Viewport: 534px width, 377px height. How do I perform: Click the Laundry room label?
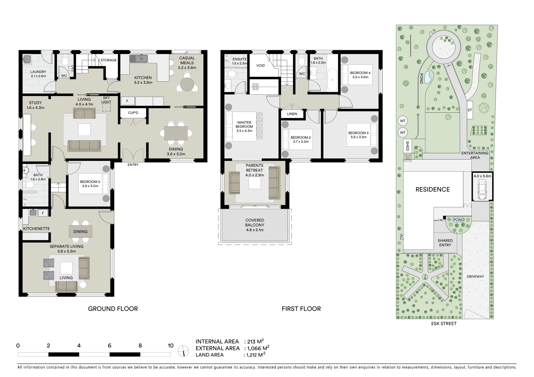(x=38, y=72)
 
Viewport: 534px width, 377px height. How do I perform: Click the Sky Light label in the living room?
(x=106, y=100)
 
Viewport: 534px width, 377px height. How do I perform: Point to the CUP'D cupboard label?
(x=133, y=113)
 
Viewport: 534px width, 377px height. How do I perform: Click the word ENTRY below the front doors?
(x=133, y=165)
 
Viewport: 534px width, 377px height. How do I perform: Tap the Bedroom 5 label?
(x=90, y=182)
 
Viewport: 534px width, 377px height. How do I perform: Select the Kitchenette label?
(x=36, y=229)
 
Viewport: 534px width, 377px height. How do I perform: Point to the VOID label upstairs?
(x=260, y=66)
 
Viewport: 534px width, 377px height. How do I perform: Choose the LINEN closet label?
(x=292, y=114)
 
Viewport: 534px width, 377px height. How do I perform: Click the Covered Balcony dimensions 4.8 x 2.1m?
(x=255, y=230)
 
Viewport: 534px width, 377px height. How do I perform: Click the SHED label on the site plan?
(x=407, y=146)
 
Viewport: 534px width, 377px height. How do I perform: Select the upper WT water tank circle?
(x=403, y=121)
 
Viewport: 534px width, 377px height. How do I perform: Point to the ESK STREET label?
(x=444, y=324)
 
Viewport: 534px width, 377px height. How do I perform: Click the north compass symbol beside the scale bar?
(x=183, y=351)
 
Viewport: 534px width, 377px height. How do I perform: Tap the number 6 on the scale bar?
(x=110, y=346)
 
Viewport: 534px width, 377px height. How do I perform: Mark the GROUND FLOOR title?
(x=113, y=309)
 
